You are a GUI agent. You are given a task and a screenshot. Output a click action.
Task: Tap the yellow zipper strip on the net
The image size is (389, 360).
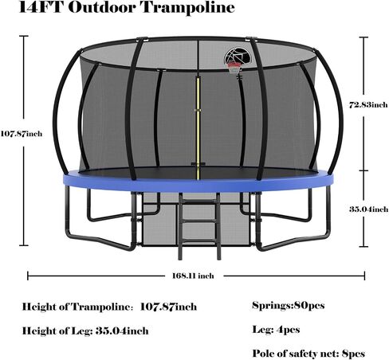pyautogui.click(x=198, y=127)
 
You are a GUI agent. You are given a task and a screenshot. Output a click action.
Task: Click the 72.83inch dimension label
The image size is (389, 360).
pyautogui.click(x=368, y=105)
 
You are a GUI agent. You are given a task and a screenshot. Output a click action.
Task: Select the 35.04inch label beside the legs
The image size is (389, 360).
pyautogui.click(x=368, y=209)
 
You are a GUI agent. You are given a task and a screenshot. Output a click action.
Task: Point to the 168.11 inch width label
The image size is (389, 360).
pyautogui.click(x=193, y=276)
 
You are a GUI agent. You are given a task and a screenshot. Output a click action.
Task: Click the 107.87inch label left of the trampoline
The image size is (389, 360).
pyautogui.click(x=22, y=133)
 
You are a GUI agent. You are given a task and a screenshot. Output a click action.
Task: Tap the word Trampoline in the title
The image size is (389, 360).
pyautogui.click(x=188, y=7)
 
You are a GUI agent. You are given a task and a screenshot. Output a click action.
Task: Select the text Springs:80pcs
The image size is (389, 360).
pyautogui.click(x=289, y=306)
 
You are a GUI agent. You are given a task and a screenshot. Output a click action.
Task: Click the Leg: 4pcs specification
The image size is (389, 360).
pyautogui.click(x=276, y=330)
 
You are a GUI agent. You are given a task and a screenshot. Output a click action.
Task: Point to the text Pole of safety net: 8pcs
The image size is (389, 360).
pyautogui.click(x=308, y=354)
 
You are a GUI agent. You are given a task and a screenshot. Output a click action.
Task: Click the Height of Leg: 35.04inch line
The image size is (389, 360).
pyautogui.click(x=85, y=331)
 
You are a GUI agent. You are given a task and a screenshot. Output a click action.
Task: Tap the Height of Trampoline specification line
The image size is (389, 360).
pyautogui.click(x=109, y=307)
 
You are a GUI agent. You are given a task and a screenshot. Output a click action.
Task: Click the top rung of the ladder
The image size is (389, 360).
pyautogui.click(x=199, y=202)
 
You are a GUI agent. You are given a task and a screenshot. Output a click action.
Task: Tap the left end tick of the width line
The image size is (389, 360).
pyautogui.click(x=28, y=276)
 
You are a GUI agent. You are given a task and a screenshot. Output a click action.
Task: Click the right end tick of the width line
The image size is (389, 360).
pyautogui.click(x=364, y=276)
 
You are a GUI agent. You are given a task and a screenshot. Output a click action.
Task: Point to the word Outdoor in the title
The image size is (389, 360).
pyautogui.click(x=102, y=7)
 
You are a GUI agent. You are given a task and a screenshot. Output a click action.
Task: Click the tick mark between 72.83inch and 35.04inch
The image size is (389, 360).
pyautogui.click(x=363, y=170)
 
